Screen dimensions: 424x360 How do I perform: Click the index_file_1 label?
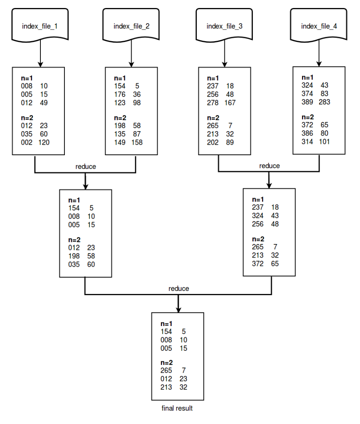pyautogui.click(x=39, y=26)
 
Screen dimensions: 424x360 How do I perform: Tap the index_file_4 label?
pyautogui.click(x=319, y=26)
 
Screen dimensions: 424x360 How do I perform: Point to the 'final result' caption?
pyautogui.click(x=177, y=408)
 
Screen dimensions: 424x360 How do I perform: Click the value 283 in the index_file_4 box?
pyautogui.click(x=325, y=102)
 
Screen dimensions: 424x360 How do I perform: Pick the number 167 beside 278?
pyautogui.click(x=230, y=103)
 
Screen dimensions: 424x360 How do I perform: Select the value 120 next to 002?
pyautogui.click(x=44, y=142)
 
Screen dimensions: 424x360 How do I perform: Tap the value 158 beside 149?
pyautogui.click(x=136, y=142)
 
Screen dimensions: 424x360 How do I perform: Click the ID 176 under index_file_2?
pyautogui.click(x=120, y=94)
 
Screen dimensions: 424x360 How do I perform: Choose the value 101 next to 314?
pyautogui.click(x=324, y=141)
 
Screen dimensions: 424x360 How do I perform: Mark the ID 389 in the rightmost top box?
pyautogui.click(x=307, y=102)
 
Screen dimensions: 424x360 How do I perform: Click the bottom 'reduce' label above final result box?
pyautogui.click(x=178, y=288)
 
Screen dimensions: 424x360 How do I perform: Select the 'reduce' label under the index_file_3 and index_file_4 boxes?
pyautogui.click(x=269, y=166)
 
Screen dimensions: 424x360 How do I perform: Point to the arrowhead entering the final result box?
pyautogui.click(x=178, y=309)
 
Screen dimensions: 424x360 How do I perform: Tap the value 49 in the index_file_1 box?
pyautogui.click(x=44, y=103)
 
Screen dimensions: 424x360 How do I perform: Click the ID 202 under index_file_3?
pyautogui.click(x=213, y=142)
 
